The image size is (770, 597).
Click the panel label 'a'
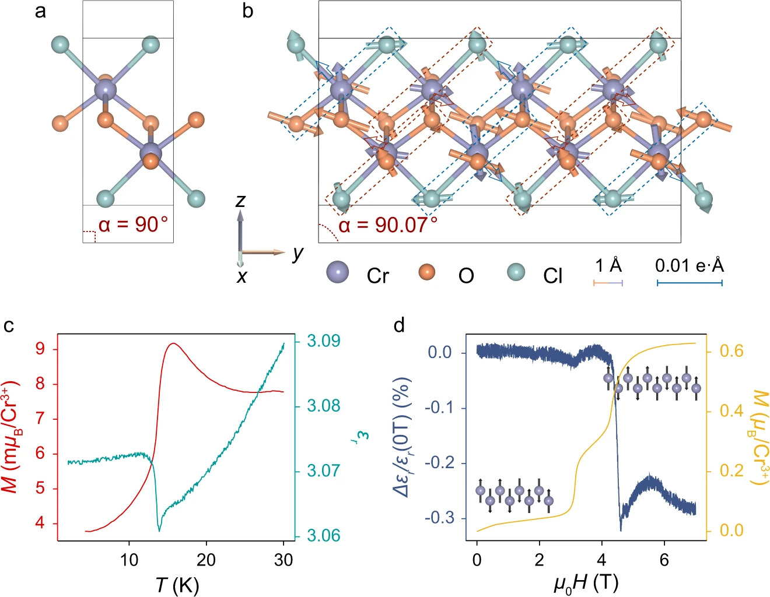(40, 12)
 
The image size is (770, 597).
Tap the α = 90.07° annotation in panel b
(388, 224)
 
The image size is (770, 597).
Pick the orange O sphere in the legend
(428, 272)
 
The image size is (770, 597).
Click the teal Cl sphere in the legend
(515, 272)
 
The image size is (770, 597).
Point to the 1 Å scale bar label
(608, 266)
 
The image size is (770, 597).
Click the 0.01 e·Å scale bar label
(689, 266)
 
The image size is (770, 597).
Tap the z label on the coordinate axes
(240, 201)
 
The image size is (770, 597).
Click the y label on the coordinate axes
(298, 252)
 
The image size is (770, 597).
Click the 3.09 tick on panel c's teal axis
(323, 340)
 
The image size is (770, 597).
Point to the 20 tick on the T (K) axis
(206, 560)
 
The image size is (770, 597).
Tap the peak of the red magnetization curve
(173, 344)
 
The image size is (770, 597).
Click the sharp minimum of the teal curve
(159, 531)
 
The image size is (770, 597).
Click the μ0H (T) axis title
(586, 583)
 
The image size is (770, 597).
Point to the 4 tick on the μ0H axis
(602, 560)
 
